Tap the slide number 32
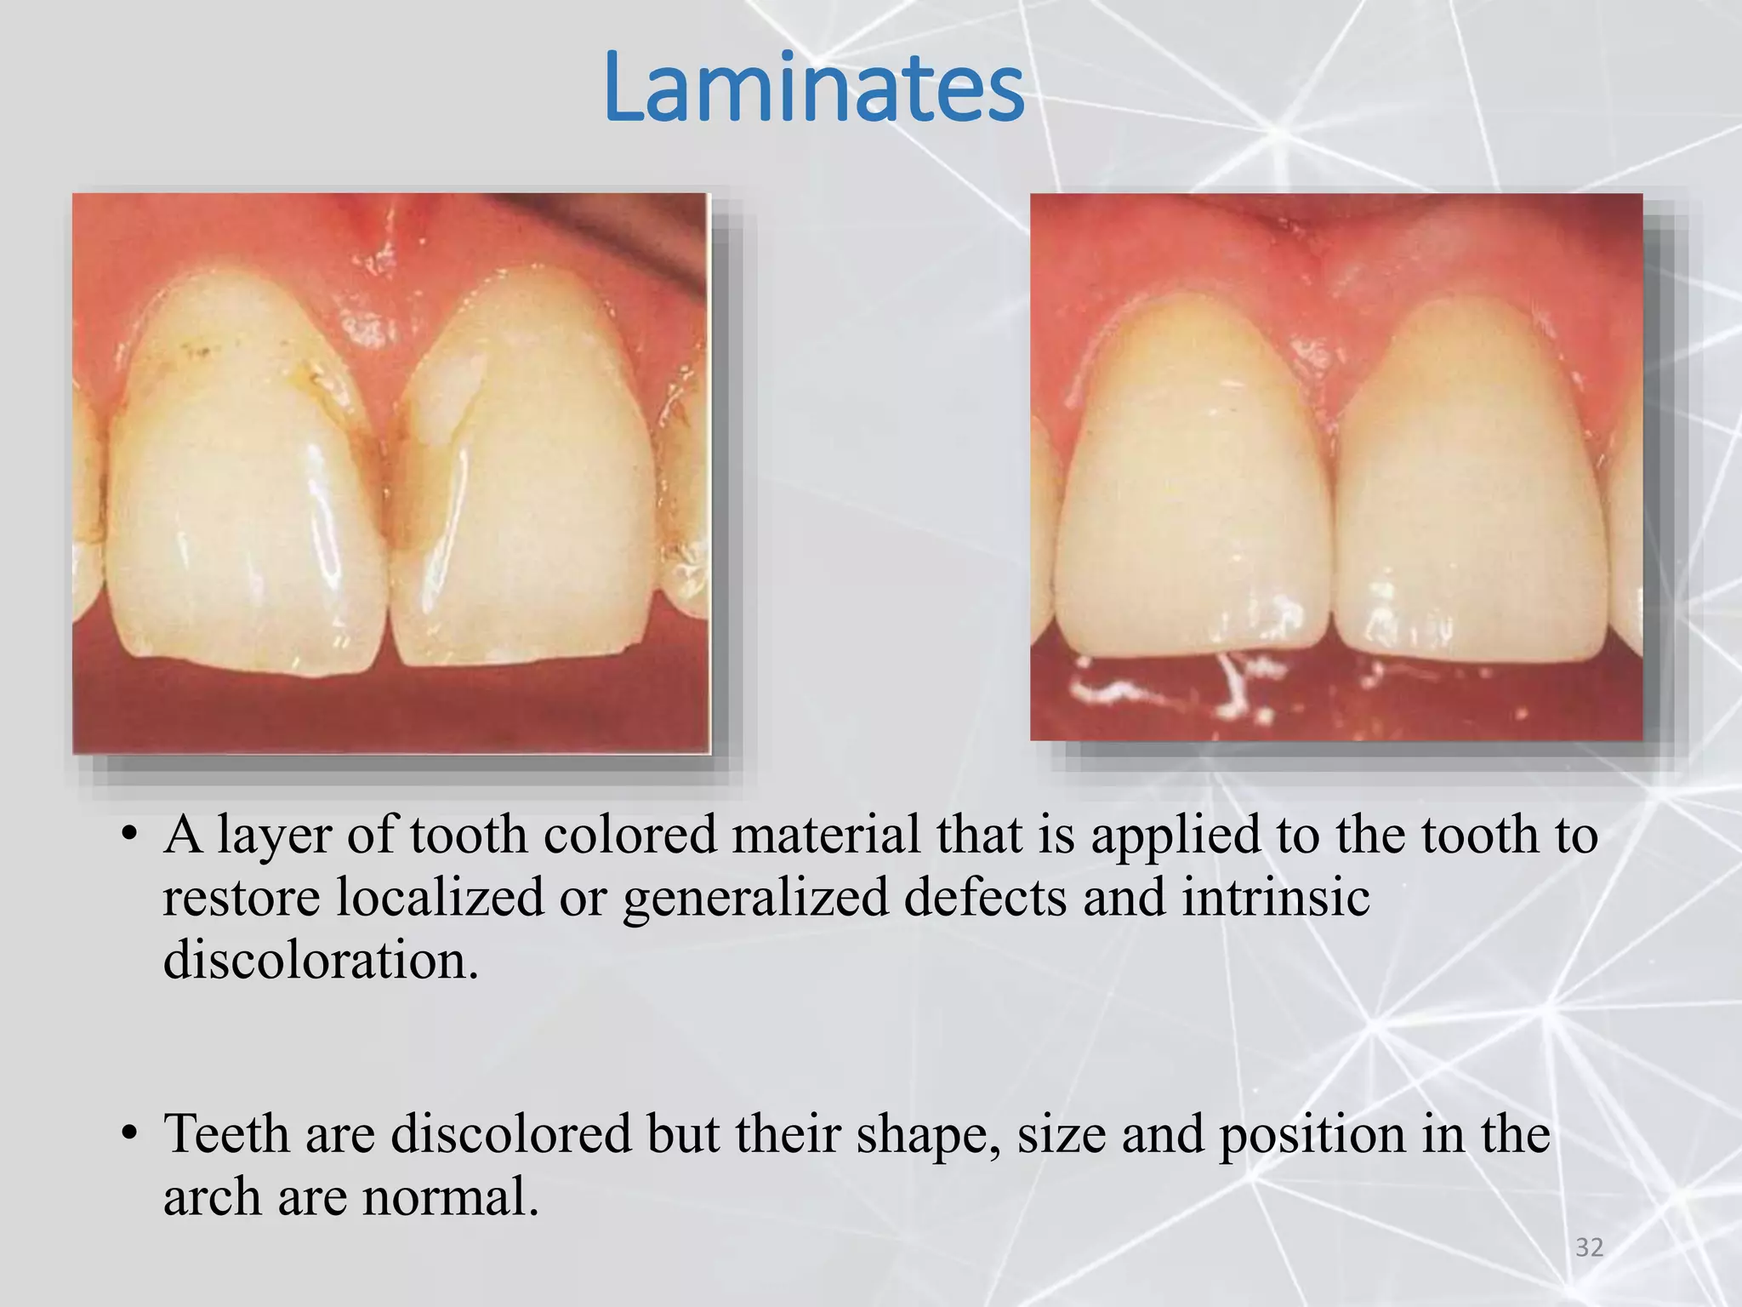coord(1589,1247)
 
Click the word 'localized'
coord(440,897)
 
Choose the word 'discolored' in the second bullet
coord(510,1134)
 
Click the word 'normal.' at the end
coord(451,1197)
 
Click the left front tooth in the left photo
coord(247,494)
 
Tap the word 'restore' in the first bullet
coord(242,899)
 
